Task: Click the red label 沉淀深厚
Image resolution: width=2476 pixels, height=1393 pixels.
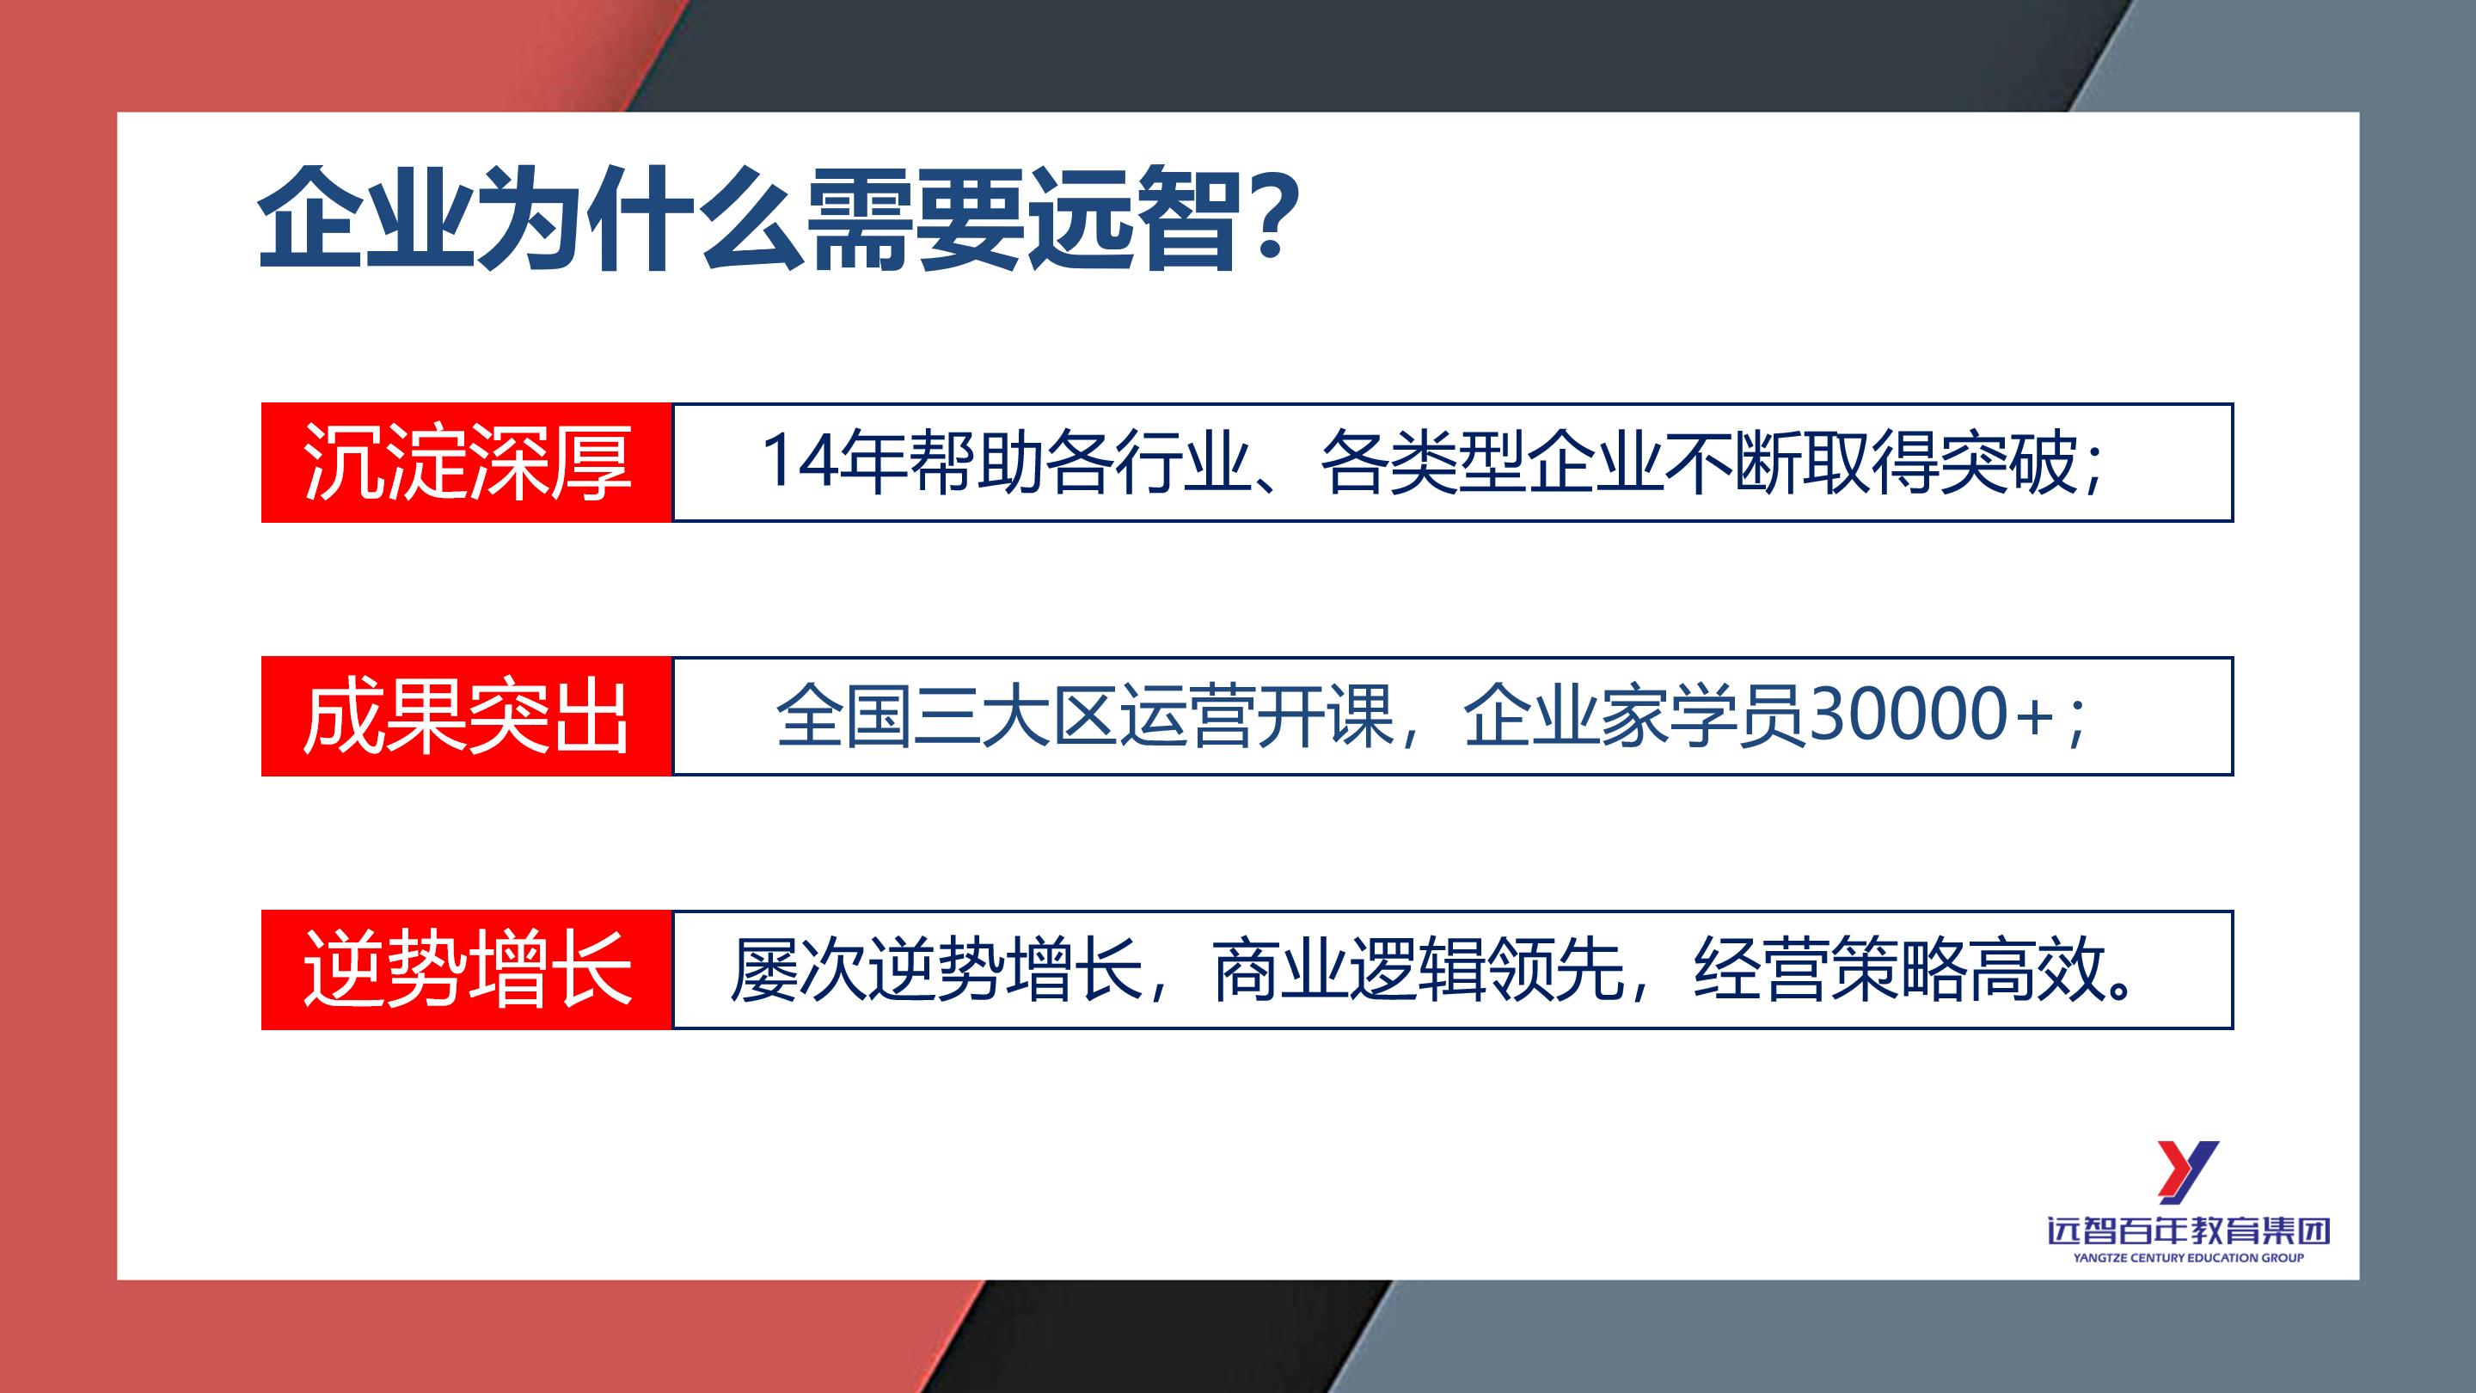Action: [466, 463]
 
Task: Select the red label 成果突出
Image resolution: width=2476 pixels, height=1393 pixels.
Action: [466, 717]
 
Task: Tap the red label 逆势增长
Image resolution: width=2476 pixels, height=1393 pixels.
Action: [466, 970]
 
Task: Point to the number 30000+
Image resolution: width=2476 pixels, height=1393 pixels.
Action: [1932, 717]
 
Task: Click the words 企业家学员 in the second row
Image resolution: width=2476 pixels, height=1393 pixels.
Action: [1634, 717]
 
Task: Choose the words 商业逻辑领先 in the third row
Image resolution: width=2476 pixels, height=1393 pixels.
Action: [1419, 970]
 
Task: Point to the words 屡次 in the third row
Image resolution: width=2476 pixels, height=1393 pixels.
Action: [798, 970]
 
